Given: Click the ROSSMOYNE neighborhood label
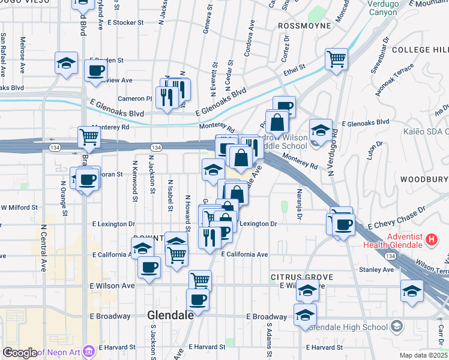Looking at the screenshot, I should click(x=304, y=26).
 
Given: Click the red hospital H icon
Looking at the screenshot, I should click(x=430, y=241).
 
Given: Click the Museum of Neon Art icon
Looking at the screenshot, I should click(x=89, y=350).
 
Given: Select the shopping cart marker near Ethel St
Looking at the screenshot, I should click(x=337, y=59).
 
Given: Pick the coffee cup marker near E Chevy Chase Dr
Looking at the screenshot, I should click(x=344, y=225).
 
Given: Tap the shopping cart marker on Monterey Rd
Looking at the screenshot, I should click(x=89, y=137).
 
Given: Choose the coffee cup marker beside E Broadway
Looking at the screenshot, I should click(x=197, y=299).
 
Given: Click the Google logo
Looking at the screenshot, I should click(x=20, y=352).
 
